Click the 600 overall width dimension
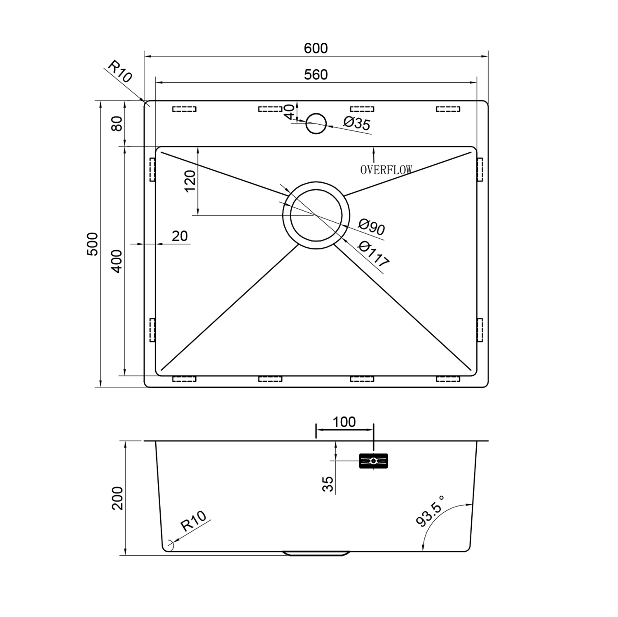(316, 48)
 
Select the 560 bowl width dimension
(316, 75)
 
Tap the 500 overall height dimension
(93, 244)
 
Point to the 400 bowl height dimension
(117, 261)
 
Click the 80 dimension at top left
(117, 123)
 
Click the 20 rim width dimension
(180, 236)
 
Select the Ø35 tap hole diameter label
(357, 123)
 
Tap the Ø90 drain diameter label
(371, 226)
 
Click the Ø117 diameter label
(373, 254)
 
